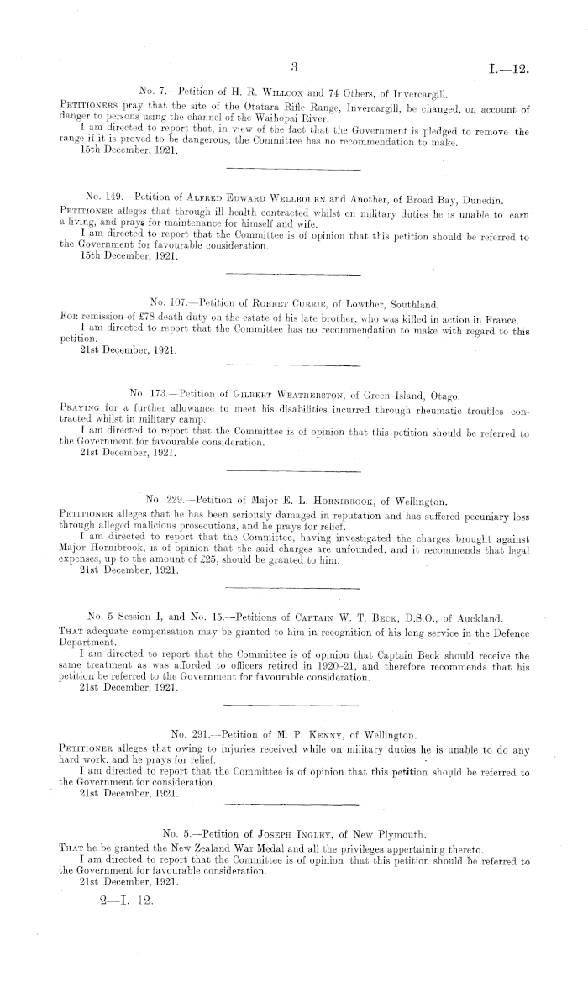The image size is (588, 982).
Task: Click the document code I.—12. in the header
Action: pos(507,67)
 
